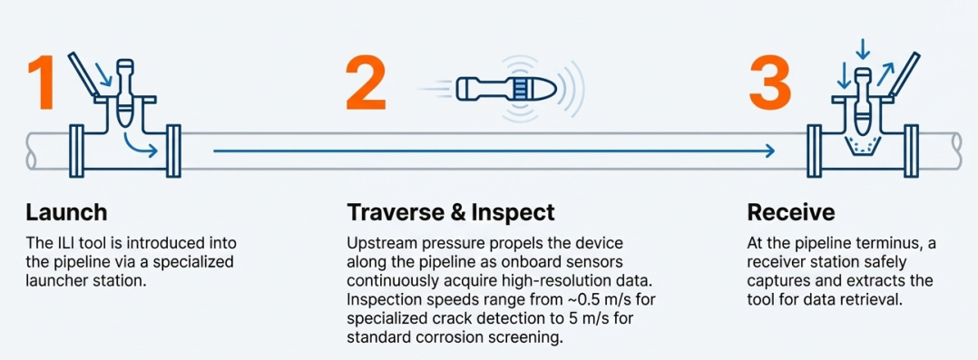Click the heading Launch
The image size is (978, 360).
click(66, 213)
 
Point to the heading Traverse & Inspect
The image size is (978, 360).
click(450, 213)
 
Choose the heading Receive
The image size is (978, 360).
click(790, 213)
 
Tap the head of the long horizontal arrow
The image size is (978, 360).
click(770, 151)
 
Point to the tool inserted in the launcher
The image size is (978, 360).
click(125, 91)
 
